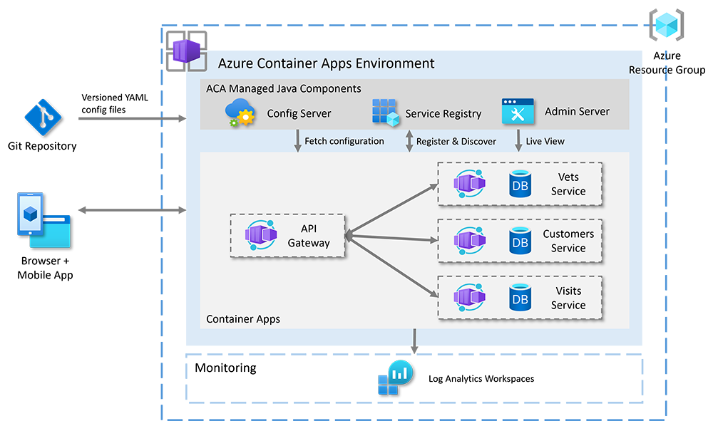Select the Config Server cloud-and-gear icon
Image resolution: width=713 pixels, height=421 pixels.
coord(240,113)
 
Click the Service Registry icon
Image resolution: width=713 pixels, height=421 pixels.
coord(385,113)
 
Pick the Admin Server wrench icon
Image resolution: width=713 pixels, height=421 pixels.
coord(518,112)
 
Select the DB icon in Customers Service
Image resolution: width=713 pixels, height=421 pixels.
coord(520,241)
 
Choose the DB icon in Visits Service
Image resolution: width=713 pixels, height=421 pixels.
coord(520,298)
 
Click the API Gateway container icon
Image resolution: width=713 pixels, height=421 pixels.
coord(261,235)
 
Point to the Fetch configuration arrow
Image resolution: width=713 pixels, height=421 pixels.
coord(297,140)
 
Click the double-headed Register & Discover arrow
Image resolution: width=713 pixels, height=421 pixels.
coord(409,140)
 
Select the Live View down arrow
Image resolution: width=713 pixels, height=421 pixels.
coord(518,140)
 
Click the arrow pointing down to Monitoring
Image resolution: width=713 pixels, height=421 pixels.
coord(414,341)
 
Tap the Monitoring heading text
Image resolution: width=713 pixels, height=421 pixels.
coord(225,368)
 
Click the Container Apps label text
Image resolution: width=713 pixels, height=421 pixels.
coord(243,319)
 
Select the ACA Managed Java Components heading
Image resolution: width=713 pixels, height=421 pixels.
coord(284,89)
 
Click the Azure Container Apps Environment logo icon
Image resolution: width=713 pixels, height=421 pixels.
coord(186,51)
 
